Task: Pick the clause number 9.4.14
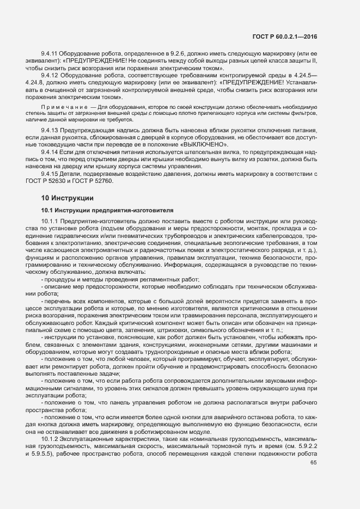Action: [x=50, y=151]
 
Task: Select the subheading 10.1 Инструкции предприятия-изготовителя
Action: [x=107, y=209]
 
